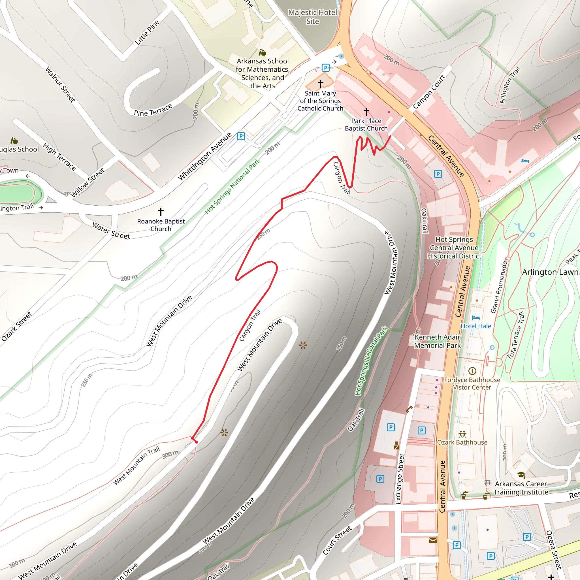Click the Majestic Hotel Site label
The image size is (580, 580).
tap(313, 17)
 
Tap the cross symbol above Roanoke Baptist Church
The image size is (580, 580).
tap(161, 212)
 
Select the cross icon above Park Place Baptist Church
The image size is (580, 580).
tap(366, 112)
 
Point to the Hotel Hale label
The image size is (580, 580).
tap(476, 326)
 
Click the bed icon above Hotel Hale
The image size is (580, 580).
tap(476, 318)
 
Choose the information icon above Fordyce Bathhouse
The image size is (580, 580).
tap(472, 371)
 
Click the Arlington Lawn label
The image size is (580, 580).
tap(550, 272)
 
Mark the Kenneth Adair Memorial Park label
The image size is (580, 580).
tap(437, 341)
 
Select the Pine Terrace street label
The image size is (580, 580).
tap(153, 110)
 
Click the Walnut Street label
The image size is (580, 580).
tap(60, 84)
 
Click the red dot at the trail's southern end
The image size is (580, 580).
tap(196, 442)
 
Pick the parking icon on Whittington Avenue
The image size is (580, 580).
tap(241, 136)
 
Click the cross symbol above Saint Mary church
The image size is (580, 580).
tap(321, 83)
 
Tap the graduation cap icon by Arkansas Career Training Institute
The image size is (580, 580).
tap(521, 475)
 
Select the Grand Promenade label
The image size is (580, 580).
tap(499, 287)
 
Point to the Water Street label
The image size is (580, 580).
tap(111, 231)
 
